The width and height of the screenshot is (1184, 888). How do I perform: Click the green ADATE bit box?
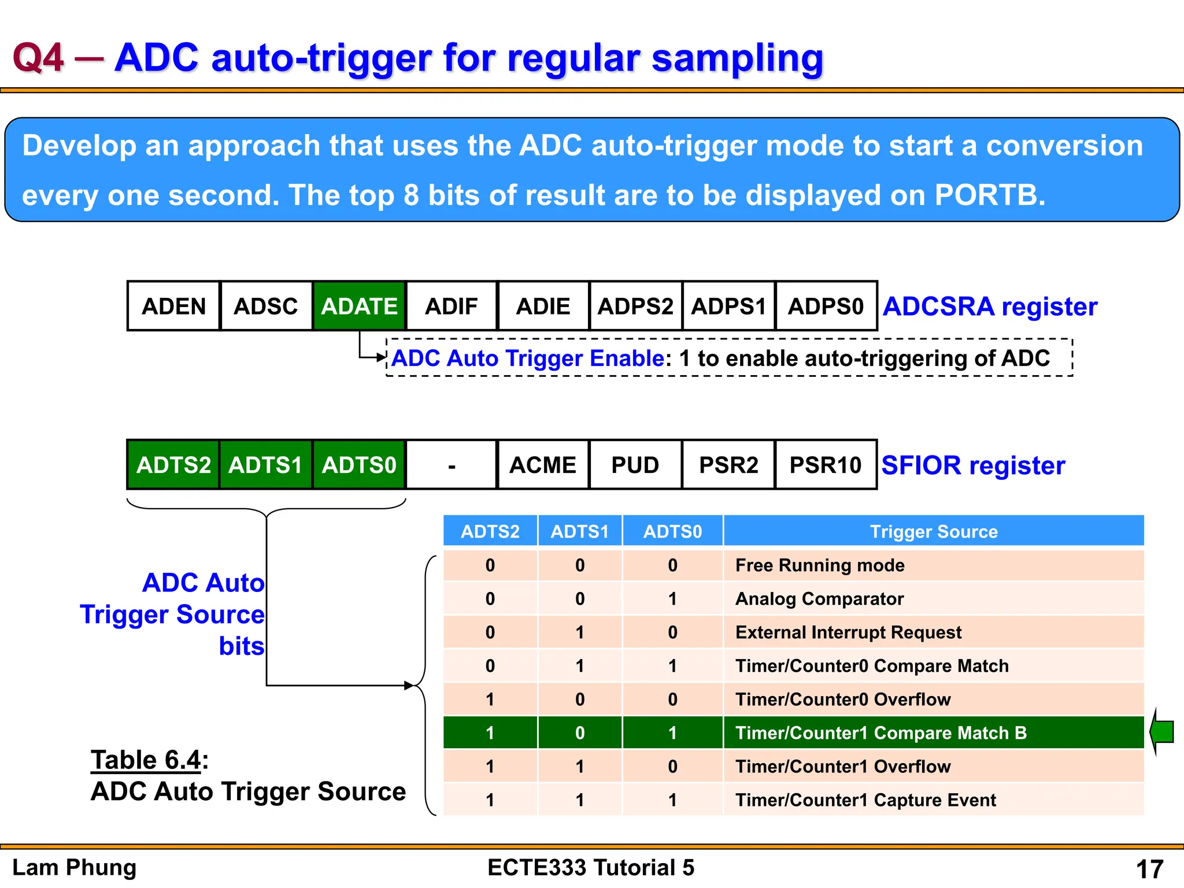click(x=359, y=306)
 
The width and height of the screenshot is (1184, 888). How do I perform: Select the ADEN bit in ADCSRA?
click(x=173, y=306)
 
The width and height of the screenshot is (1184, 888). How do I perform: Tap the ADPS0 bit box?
click(x=826, y=306)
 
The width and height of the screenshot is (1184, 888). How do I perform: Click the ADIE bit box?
click(x=543, y=306)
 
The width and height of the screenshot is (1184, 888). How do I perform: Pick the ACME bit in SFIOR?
click(x=543, y=465)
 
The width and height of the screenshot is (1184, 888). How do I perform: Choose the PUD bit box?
click(x=635, y=465)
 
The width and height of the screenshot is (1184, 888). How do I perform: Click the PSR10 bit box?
click(x=826, y=465)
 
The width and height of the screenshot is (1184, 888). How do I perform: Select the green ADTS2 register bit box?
click(x=173, y=465)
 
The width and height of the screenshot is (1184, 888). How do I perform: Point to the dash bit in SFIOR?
click(x=452, y=465)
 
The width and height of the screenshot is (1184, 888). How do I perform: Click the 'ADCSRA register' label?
click(x=990, y=306)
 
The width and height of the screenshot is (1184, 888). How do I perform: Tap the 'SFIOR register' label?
click(x=973, y=465)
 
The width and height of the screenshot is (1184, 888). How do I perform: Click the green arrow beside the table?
click(x=1162, y=732)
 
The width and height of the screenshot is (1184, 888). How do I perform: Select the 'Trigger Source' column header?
click(x=934, y=531)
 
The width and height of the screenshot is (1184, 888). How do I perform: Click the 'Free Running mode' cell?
click(x=819, y=565)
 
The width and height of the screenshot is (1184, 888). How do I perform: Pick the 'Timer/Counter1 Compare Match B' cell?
click(x=880, y=732)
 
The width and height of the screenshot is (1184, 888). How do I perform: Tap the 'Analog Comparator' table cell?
click(x=819, y=598)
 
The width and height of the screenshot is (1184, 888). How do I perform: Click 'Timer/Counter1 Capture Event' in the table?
click(x=865, y=800)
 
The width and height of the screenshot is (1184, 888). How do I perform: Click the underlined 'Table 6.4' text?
click(x=146, y=760)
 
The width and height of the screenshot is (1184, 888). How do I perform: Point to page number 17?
click(x=1149, y=869)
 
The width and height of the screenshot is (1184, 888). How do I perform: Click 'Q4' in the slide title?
click(x=38, y=58)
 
